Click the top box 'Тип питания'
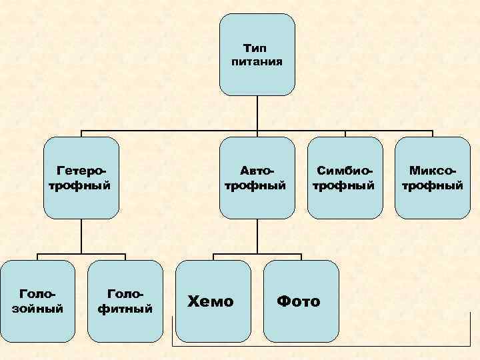pos(257,55)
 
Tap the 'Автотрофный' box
pos(257,178)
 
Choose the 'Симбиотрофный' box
pos(345,178)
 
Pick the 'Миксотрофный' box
pos(432,178)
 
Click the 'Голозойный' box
pos(37,301)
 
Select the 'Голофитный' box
pos(125,301)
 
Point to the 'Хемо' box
pos(212,301)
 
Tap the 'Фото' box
pos(300,301)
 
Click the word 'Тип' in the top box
pos(257,49)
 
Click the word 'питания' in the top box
pos(257,62)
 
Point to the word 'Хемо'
pos(211,301)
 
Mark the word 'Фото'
pos(299,301)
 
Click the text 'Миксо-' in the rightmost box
pos(432,171)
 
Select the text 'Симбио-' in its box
pos(344,171)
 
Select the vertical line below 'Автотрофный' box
pos(257,236)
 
